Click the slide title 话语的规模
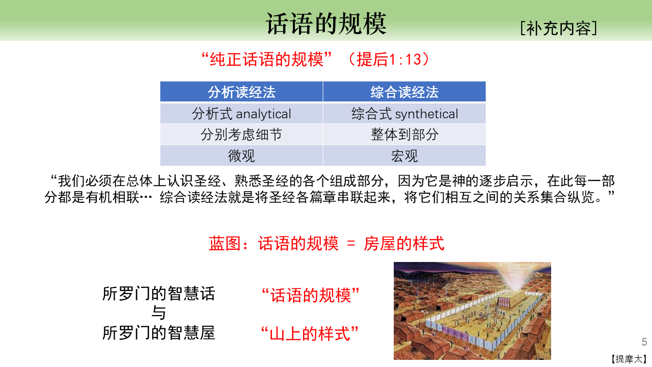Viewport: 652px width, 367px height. (x=326, y=23)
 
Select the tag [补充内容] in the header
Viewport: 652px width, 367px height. (x=559, y=28)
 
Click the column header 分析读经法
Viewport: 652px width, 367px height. (x=241, y=92)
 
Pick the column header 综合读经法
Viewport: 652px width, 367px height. (x=404, y=92)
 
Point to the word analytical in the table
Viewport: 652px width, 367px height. (x=263, y=114)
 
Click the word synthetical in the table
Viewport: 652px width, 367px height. (x=427, y=114)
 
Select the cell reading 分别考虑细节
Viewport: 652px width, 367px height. (x=241, y=135)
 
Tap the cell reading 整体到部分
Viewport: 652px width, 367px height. (x=404, y=135)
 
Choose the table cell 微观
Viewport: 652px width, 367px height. (x=241, y=156)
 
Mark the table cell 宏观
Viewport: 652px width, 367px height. (x=404, y=156)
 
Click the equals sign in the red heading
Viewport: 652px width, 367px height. (x=351, y=244)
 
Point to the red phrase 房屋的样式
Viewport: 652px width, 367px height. (x=404, y=244)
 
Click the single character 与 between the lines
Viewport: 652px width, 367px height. (x=158, y=313)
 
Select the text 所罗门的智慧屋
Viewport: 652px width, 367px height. (x=158, y=333)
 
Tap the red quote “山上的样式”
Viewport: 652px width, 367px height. (x=310, y=333)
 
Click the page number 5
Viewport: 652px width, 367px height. (x=644, y=342)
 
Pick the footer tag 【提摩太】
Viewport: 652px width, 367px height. (x=629, y=359)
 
